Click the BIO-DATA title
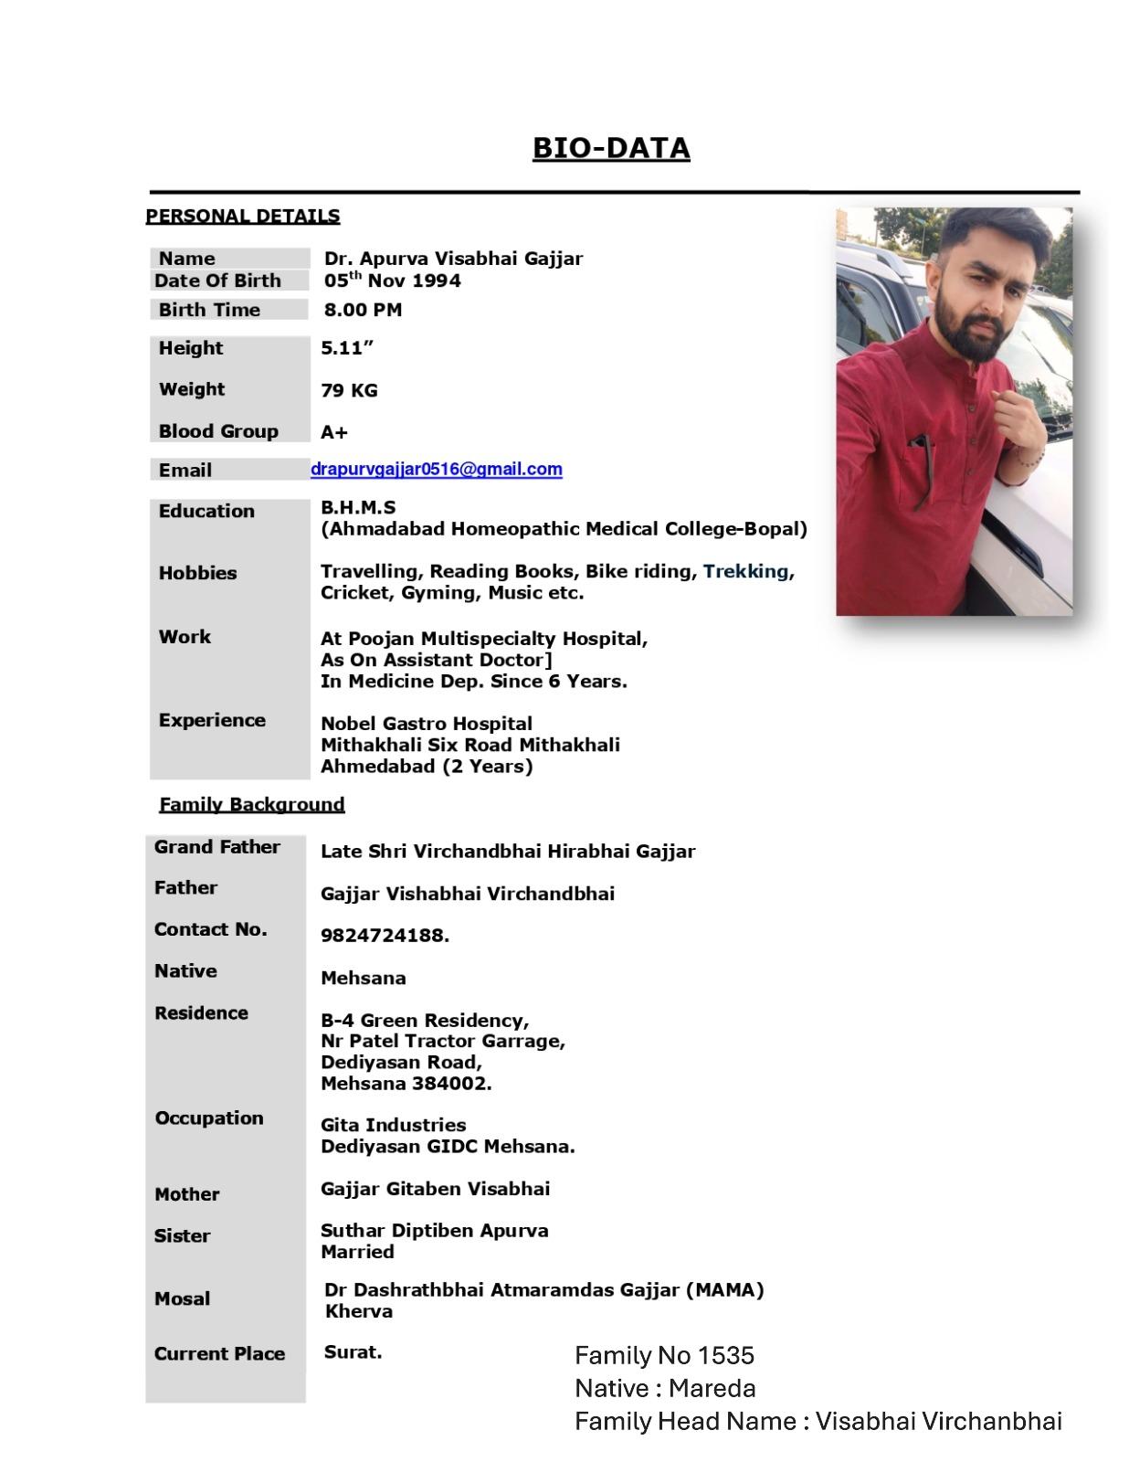click(x=610, y=148)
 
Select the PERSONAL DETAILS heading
click(x=242, y=217)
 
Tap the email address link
click(x=436, y=469)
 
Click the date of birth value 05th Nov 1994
click(x=392, y=281)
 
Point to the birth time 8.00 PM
click(x=362, y=310)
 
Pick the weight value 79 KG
click(x=348, y=390)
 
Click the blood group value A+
click(x=333, y=432)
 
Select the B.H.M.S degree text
click(x=358, y=507)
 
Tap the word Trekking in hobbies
click(x=745, y=571)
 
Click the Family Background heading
click(x=251, y=804)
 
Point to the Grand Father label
click(x=216, y=847)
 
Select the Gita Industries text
click(x=393, y=1125)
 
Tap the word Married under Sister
click(x=357, y=1252)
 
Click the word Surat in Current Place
click(x=352, y=1352)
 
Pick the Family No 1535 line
click(x=664, y=1355)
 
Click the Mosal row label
click(x=182, y=1298)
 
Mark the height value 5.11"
click(x=347, y=348)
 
